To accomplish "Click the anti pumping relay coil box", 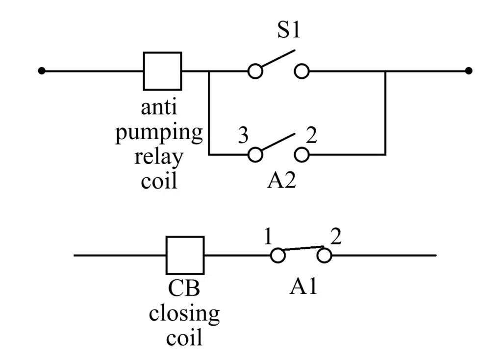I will pyautogui.click(x=162, y=71).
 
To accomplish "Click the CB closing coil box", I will pyautogui.click(x=185, y=255).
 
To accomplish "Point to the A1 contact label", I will pyautogui.click(x=303, y=286).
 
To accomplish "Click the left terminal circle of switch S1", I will pyautogui.click(x=255, y=72).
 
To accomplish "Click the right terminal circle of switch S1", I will pyautogui.click(x=302, y=72).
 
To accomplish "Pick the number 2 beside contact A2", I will pyautogui.click(x=311, y=135).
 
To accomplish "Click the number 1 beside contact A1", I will pyautogui.click(x=268, y=238).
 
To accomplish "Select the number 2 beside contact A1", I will pyautogui.click(x=336, y=238).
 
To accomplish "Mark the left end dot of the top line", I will pyautogui.click(x=42, y=71).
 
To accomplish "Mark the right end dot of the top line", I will pyautogui.click(x=469, y=71).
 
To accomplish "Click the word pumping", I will pyautogui.click(x=159, y=133).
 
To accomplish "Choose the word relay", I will pyautogui.click(x=159, y=158).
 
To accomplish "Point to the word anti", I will pyautogui.click(x=159, y=108).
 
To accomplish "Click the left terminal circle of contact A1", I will pyautogui.click(x=277, y=255).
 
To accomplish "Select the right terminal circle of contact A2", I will pyautogui.click(x=302, y=155).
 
